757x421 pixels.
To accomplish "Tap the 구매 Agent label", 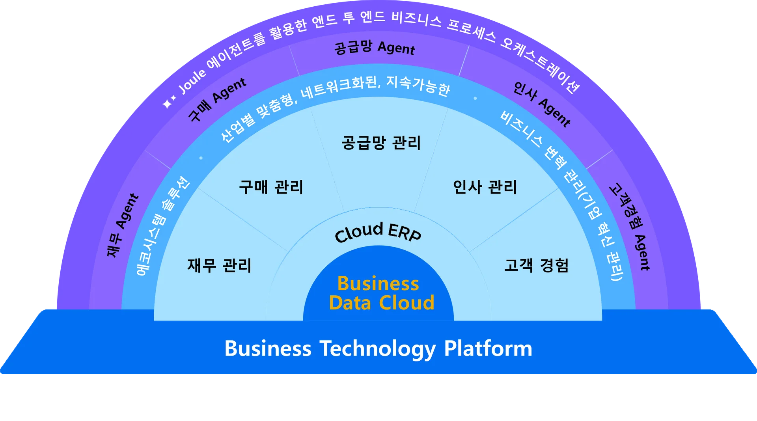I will (x=217, y=99).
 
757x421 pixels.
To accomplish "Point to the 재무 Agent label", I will (x=123, y=225).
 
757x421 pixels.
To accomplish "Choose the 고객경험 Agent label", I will (x=630, y=227).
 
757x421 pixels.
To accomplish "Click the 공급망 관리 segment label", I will (x=381, y=143).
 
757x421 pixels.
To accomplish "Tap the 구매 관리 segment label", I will (x=271, y=187).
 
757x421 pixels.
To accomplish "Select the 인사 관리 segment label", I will (x=485, y=187).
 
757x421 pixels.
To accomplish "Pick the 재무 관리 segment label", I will (x=219, y=265).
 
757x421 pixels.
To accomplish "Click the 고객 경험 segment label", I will (x=536, y=265).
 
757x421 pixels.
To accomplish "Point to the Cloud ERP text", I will (x=378, y=232).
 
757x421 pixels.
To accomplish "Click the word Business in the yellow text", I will (x=378, y=283).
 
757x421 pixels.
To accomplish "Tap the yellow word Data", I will (x=350, y=303).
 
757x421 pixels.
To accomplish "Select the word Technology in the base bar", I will (x=378, y=349).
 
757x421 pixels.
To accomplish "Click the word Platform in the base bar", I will (x=488, y=348).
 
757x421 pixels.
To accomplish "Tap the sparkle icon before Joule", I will (x=169, y=102).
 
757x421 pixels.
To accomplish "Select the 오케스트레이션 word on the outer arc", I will (x=540, y=65).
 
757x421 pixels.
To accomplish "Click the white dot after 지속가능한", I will (x=475, y=98).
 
